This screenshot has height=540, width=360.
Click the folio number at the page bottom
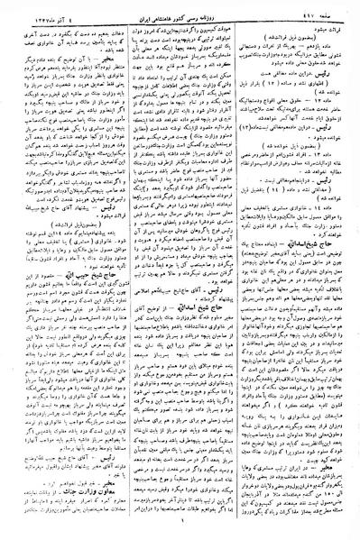[180, 532]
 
